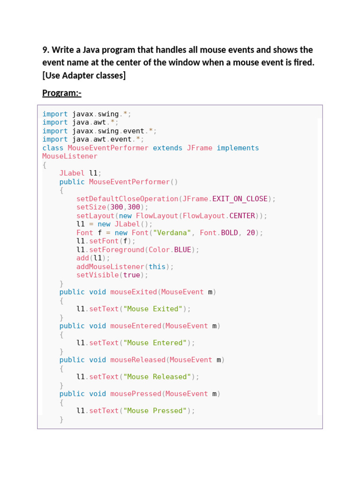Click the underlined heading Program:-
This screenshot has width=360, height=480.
(x=61, y=93)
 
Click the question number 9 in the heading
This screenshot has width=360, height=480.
(x=45, y=50)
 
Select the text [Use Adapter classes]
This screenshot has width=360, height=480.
(x=84, y=75)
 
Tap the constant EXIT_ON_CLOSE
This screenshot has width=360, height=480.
(x=240, y=199)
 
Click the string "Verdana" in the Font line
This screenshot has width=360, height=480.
(x=172, y=232)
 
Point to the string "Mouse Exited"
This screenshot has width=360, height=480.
(x=153, y=309)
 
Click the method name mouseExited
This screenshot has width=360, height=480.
(x=134, y=292)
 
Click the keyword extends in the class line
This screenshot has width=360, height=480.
(x=167, y=148)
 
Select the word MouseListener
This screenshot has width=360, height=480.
(x=70, y=157)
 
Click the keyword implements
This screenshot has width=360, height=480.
(x=238, y=148)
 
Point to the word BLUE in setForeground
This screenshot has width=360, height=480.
(x=182, y=250)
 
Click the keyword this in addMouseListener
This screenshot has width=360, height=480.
(x=157, y=267)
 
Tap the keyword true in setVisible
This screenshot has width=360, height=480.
(x=132, y=275)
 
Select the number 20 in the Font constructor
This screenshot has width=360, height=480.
(x=251, y=232)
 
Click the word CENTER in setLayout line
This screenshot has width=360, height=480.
(x=242, y=216)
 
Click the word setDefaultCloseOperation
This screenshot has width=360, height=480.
(x=127, y=199)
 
